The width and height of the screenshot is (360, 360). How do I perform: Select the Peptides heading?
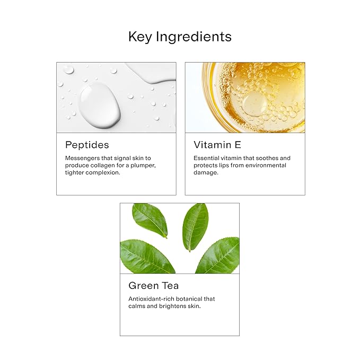tap(86, 145)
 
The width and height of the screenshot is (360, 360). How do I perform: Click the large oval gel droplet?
tap(100, 104)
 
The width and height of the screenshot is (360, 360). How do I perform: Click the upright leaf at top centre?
tap(195, 226)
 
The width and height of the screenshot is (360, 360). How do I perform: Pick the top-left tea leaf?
tap(150, 219)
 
